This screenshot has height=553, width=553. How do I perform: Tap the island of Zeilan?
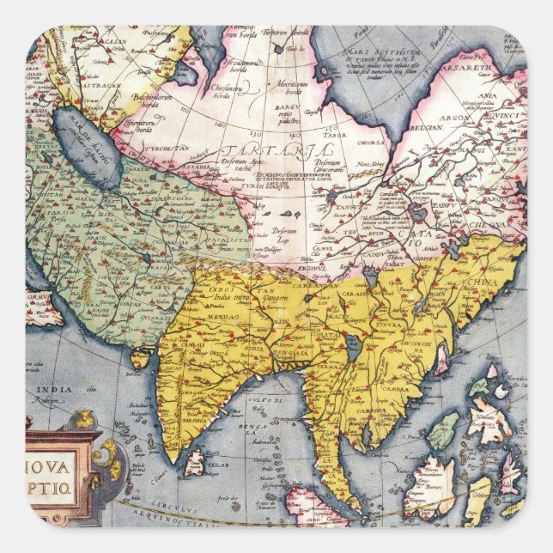pyautogui.click(x=195, y=463)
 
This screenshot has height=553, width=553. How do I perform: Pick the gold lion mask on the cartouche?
pyautogui.click(x=84, y=419)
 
